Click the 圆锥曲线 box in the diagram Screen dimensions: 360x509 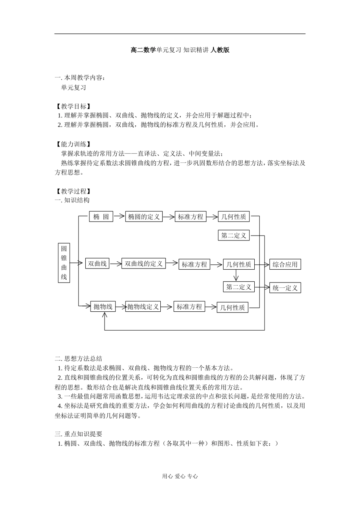64,263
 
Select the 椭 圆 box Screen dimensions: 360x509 101,217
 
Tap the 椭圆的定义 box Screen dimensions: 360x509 144,217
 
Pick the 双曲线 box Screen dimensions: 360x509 97,263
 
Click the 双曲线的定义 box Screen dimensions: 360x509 144,263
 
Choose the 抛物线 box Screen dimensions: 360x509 103,306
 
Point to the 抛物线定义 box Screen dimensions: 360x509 143,306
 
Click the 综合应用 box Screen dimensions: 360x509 285,264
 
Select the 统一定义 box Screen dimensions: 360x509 285,288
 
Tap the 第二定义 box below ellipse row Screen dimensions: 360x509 234,235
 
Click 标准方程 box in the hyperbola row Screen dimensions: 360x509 194,264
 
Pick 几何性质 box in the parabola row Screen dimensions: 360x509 233,308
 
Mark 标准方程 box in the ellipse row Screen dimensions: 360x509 191,217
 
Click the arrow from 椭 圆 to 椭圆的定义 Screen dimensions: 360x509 119,216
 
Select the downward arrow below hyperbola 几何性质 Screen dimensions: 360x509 236,275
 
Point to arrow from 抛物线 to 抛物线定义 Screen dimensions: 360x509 121,306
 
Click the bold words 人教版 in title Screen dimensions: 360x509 220,50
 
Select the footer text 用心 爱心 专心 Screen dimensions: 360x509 180,476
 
